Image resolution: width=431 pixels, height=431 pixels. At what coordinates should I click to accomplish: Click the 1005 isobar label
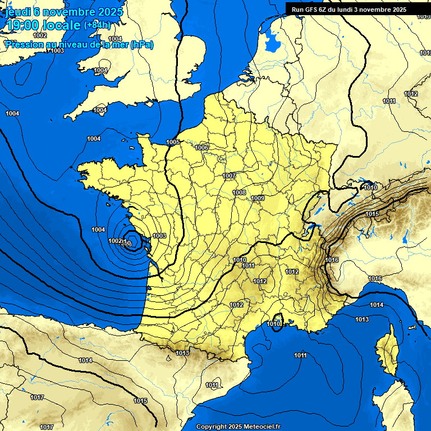pyautogui.click(x=173, y=142)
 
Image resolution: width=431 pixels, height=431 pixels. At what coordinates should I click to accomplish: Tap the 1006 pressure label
pyautogui.click(x=202, y=148)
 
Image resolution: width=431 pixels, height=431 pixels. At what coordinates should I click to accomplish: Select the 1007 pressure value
pyautogui.click(x=229, y=176)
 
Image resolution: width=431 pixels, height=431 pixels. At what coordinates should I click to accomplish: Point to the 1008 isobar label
pyautogui.click(x=239, y=192)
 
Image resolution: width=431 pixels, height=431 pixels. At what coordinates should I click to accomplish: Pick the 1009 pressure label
pyautogui.click(x=258, y=198)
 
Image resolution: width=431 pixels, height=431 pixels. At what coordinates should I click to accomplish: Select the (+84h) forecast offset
pyautogui.click(x=98, y=25)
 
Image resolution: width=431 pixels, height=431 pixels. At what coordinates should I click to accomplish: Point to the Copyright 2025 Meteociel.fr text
pyautogui.click(x=238, y=427)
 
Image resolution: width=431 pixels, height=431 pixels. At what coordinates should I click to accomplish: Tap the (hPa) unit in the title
pyautogui.click(x=141, y=44)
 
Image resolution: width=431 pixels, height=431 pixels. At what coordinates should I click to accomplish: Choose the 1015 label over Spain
pyautogui.click(x=140, y=401)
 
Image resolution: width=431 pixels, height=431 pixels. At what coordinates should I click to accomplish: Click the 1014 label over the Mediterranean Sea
pyautogui.click(x=376, y=305)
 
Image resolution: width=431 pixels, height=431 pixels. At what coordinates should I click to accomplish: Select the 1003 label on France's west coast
pyautogui.click(x=159, y=236)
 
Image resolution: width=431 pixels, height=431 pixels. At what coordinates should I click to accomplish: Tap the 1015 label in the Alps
pyautogui.click(x=372, y=214)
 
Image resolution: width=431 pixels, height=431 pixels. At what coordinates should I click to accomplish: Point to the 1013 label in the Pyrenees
pyautogui.click(x=182, y=353)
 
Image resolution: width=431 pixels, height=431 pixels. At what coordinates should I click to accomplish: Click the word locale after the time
pyautogui.click(x=61, y=25)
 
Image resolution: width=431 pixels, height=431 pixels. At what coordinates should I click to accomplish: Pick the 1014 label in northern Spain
pyautogui.click(x=85, y=360)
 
